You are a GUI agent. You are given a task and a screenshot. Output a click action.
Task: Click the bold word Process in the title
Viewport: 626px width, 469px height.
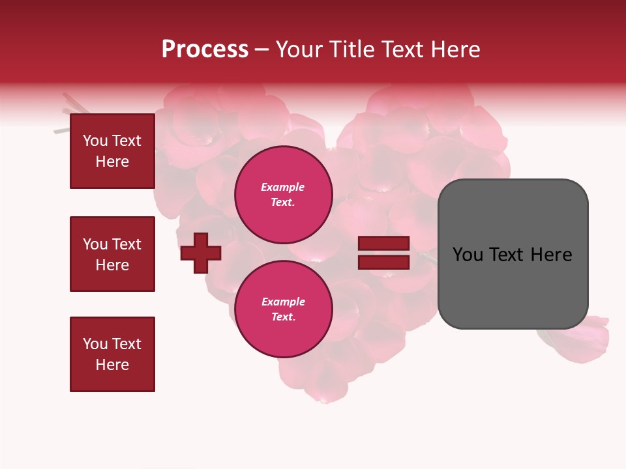tap(205, 50)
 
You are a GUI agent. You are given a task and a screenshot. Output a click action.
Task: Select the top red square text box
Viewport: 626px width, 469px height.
tap(112, 151)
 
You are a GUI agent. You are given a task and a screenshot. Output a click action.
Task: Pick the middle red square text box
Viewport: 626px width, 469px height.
tap(112, 254)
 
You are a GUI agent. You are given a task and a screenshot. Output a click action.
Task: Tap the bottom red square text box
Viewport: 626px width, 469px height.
tap(112, 354)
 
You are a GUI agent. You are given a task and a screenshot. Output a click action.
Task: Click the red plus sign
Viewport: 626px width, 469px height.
tap(201, 253)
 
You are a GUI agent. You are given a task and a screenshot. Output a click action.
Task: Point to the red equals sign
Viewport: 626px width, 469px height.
tap(383, 253)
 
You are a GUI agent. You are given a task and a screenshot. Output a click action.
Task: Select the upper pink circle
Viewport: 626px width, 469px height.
tap(284, 194)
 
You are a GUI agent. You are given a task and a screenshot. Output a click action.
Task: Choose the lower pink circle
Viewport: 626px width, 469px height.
tap(284, 309)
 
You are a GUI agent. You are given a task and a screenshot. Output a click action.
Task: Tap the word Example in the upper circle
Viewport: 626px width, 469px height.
tap(282, 187)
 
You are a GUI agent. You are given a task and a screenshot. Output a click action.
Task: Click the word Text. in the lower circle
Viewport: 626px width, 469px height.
tap(283, 317)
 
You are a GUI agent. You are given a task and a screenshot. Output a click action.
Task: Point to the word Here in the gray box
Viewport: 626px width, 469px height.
tap(551, 255)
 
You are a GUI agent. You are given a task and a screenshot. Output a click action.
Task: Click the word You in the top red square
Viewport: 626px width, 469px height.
tap(95, 141)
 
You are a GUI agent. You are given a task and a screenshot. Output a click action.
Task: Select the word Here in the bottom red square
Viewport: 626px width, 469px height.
tap(112, 365)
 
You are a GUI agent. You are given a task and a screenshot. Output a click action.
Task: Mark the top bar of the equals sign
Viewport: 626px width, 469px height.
tap(383, 244)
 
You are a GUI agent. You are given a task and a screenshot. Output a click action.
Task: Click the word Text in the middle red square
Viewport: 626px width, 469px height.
tap(127, 244)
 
